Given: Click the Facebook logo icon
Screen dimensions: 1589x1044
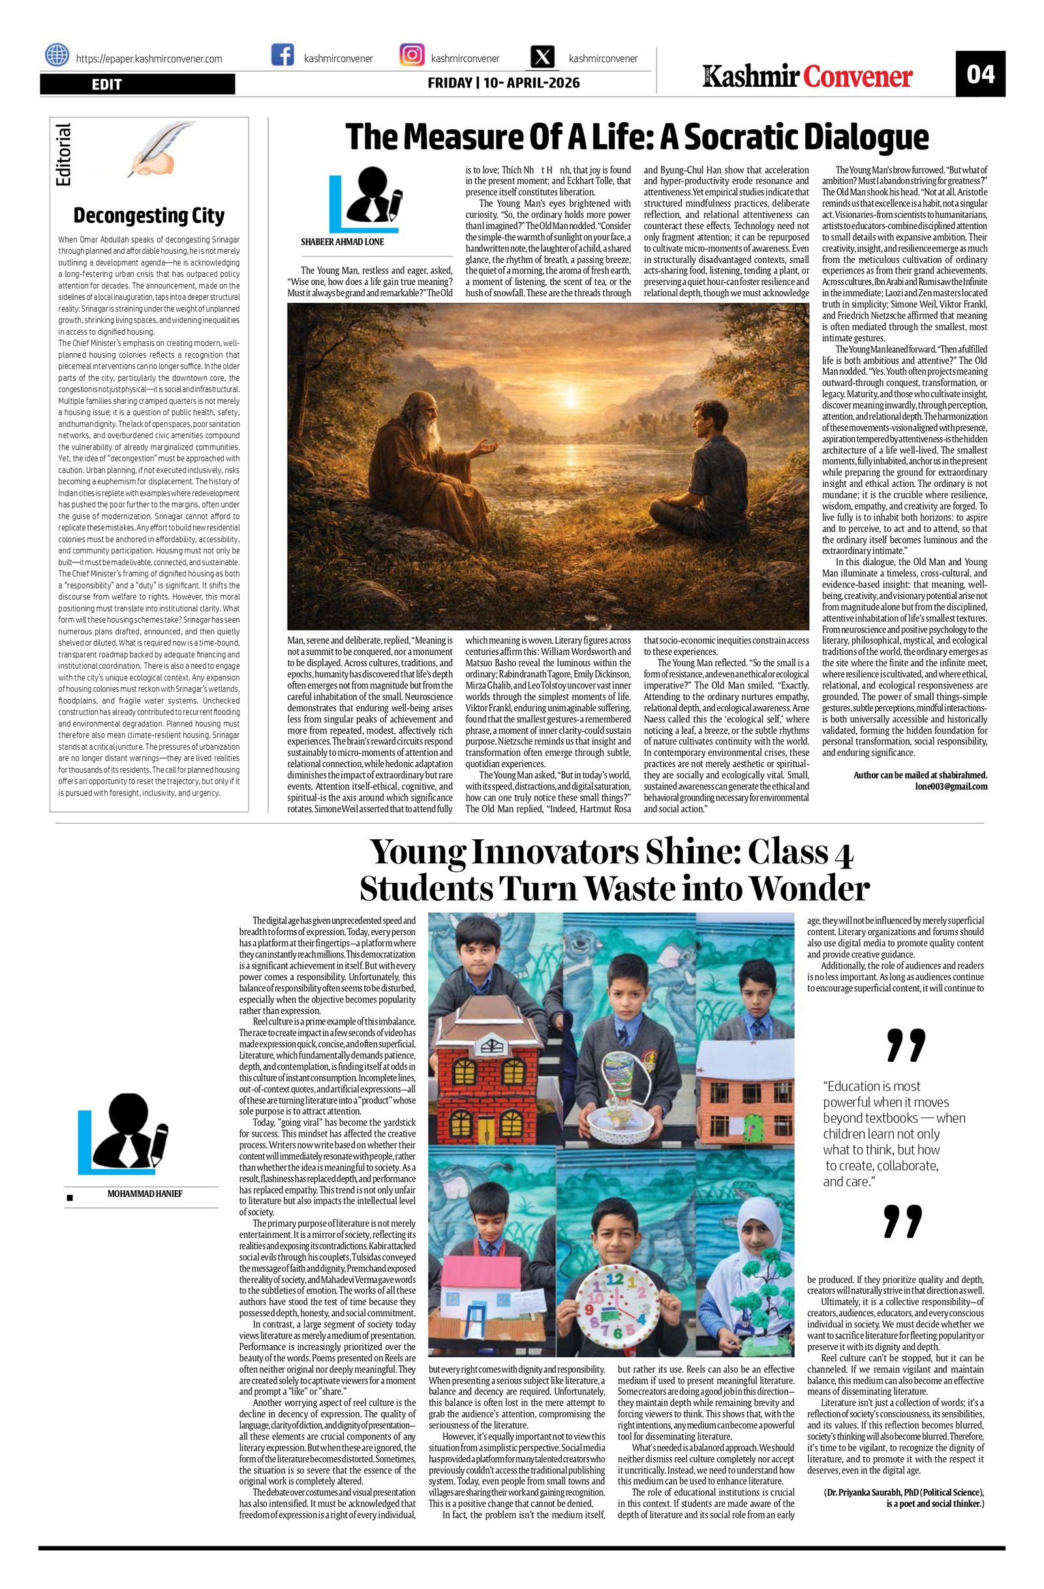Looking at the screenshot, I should click(x=283, y=55).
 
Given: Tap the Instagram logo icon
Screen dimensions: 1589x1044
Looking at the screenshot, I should click(x=412, y=55).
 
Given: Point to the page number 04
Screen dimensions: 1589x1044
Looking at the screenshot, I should click(x=980, y=74).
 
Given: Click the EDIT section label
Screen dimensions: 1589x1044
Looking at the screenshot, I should click(x=107, y=84).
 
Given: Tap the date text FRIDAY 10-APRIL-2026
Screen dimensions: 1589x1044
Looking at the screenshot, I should click(x=503, y=84).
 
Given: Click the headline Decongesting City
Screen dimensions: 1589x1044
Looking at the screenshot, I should click(x=148, y=215).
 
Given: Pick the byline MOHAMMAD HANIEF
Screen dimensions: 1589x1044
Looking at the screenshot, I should click(x=145, y=1193).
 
